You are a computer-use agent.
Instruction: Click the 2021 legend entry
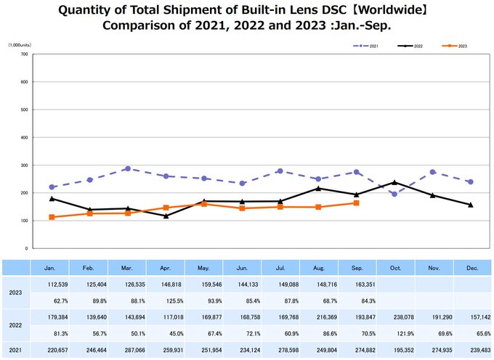coord(366,46)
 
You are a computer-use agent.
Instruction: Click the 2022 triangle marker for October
coord(394,182)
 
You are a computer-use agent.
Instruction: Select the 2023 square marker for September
coord(356,203)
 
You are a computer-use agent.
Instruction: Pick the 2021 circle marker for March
coord(127,168)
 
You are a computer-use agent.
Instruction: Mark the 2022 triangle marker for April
coord(166,216)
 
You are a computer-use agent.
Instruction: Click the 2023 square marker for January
coord(52,217)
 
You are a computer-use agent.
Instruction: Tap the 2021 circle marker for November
coord(433,172)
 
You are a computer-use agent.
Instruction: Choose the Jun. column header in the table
coord(243,268)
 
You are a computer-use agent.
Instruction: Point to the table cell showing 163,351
coord(357,285)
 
